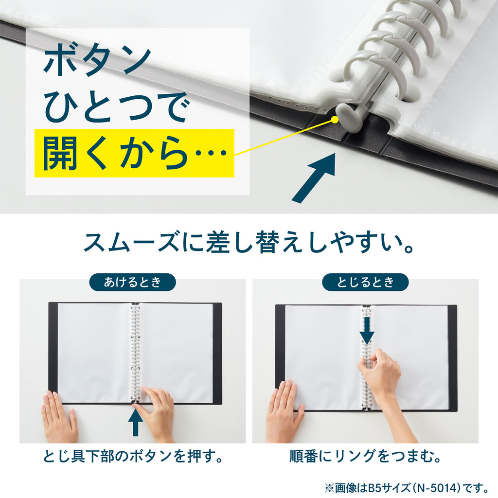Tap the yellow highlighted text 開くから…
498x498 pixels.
(x=134, y=153)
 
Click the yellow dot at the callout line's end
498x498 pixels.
(x=335, y=120)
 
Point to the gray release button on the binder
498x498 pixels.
(x=348, y=115)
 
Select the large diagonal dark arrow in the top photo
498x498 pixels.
(x=314, y=178)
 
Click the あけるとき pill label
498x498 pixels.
(x=132, y=282)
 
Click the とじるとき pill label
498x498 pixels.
(x=365, y=282)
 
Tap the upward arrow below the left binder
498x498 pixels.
(x=136, y=422)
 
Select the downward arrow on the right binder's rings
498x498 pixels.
(x=367, y=331)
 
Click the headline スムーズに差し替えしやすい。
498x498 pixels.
(x=249, y=243)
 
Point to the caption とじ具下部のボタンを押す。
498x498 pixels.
(x=133, y=456)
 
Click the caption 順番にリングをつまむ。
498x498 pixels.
(x=365, y=456)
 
